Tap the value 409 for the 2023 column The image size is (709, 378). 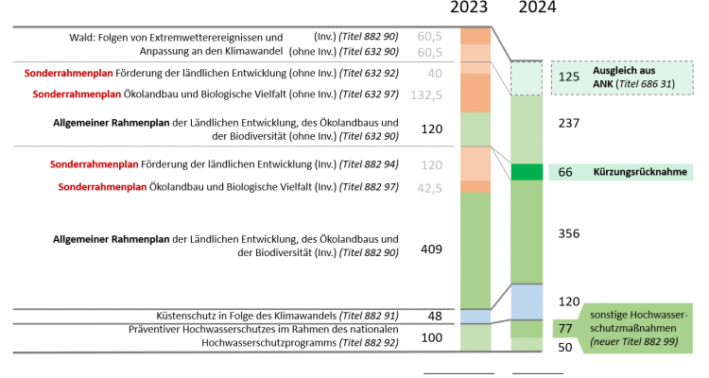(431, 249)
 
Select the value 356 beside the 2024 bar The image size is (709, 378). (570, 233)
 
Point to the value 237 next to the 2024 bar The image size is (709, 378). (570, 122)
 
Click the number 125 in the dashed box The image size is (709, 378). (570, 77)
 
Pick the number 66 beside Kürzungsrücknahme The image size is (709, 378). (566, 172)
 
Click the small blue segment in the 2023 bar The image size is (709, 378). (475, 316)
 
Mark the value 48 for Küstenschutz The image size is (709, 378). (434, 316)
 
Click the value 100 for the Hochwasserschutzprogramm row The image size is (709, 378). (431, 337)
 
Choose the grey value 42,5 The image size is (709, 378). (430, 187)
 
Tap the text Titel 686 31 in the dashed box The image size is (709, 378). (646, 85)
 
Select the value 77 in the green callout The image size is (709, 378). (566, 328)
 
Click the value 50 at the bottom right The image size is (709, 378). (566, 348)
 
